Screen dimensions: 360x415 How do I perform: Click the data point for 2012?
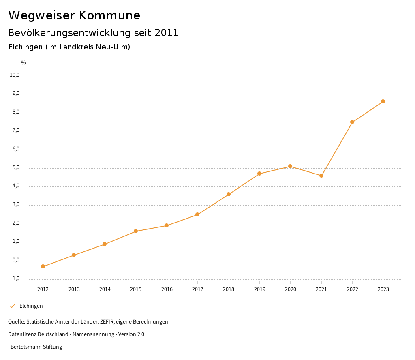tap(43, 266)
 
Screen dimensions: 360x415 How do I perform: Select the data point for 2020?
tap(290, 166)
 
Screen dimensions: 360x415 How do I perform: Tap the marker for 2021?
tap(321, 176)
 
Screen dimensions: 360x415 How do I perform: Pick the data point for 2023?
tap(383, 101)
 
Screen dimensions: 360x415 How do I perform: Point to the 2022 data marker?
tap(352, 122)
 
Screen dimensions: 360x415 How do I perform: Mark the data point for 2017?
tap(197, 214)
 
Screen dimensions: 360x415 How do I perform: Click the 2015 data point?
tap(136, 231)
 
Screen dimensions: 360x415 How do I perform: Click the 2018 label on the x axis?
tap(229, 289)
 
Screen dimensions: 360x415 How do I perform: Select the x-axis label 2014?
tap(105, 289)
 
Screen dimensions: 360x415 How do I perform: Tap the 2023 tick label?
tap(383, 289)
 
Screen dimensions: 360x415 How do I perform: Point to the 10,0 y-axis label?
tap(15, 75)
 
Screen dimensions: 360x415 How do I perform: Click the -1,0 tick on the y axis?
tap(15, 279)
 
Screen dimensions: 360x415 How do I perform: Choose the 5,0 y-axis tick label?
tap(16, 168)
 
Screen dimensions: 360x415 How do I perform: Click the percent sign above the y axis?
tap(24, 63)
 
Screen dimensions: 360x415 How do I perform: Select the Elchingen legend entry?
tap(31, 306)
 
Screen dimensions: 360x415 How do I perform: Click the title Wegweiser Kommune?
tap(74, 15)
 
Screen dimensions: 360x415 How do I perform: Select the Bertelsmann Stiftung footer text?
tap(36, 347)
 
